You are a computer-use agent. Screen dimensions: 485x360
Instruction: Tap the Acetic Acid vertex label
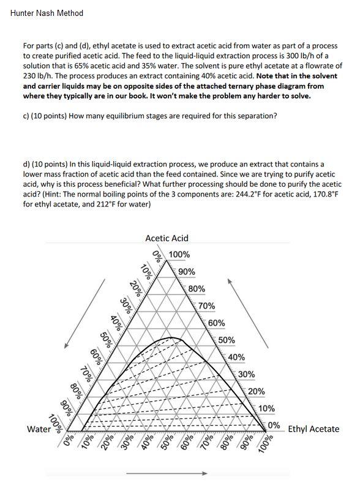point(167,238)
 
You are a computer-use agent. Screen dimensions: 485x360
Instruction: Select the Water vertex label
point(39,429)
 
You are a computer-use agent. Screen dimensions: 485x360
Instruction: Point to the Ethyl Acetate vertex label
point(313,429)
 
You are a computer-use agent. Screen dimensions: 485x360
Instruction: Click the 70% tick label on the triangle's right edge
point(207,306)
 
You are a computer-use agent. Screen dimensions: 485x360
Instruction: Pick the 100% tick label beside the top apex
point(179,255)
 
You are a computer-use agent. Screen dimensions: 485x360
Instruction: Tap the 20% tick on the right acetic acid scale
point(257,391)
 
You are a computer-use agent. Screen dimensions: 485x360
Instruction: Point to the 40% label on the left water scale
point(114,321)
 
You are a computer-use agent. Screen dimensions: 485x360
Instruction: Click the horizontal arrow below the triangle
point(167,473)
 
